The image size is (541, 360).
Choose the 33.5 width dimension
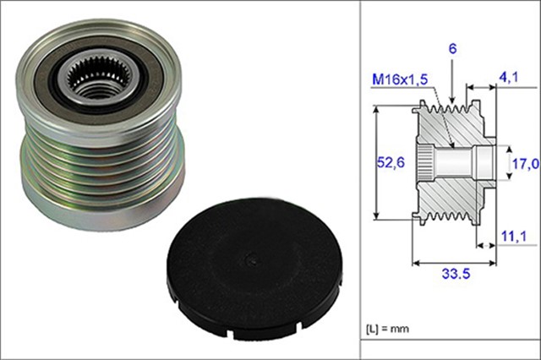point(454,274)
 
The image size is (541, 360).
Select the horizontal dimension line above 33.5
point(454,259)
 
